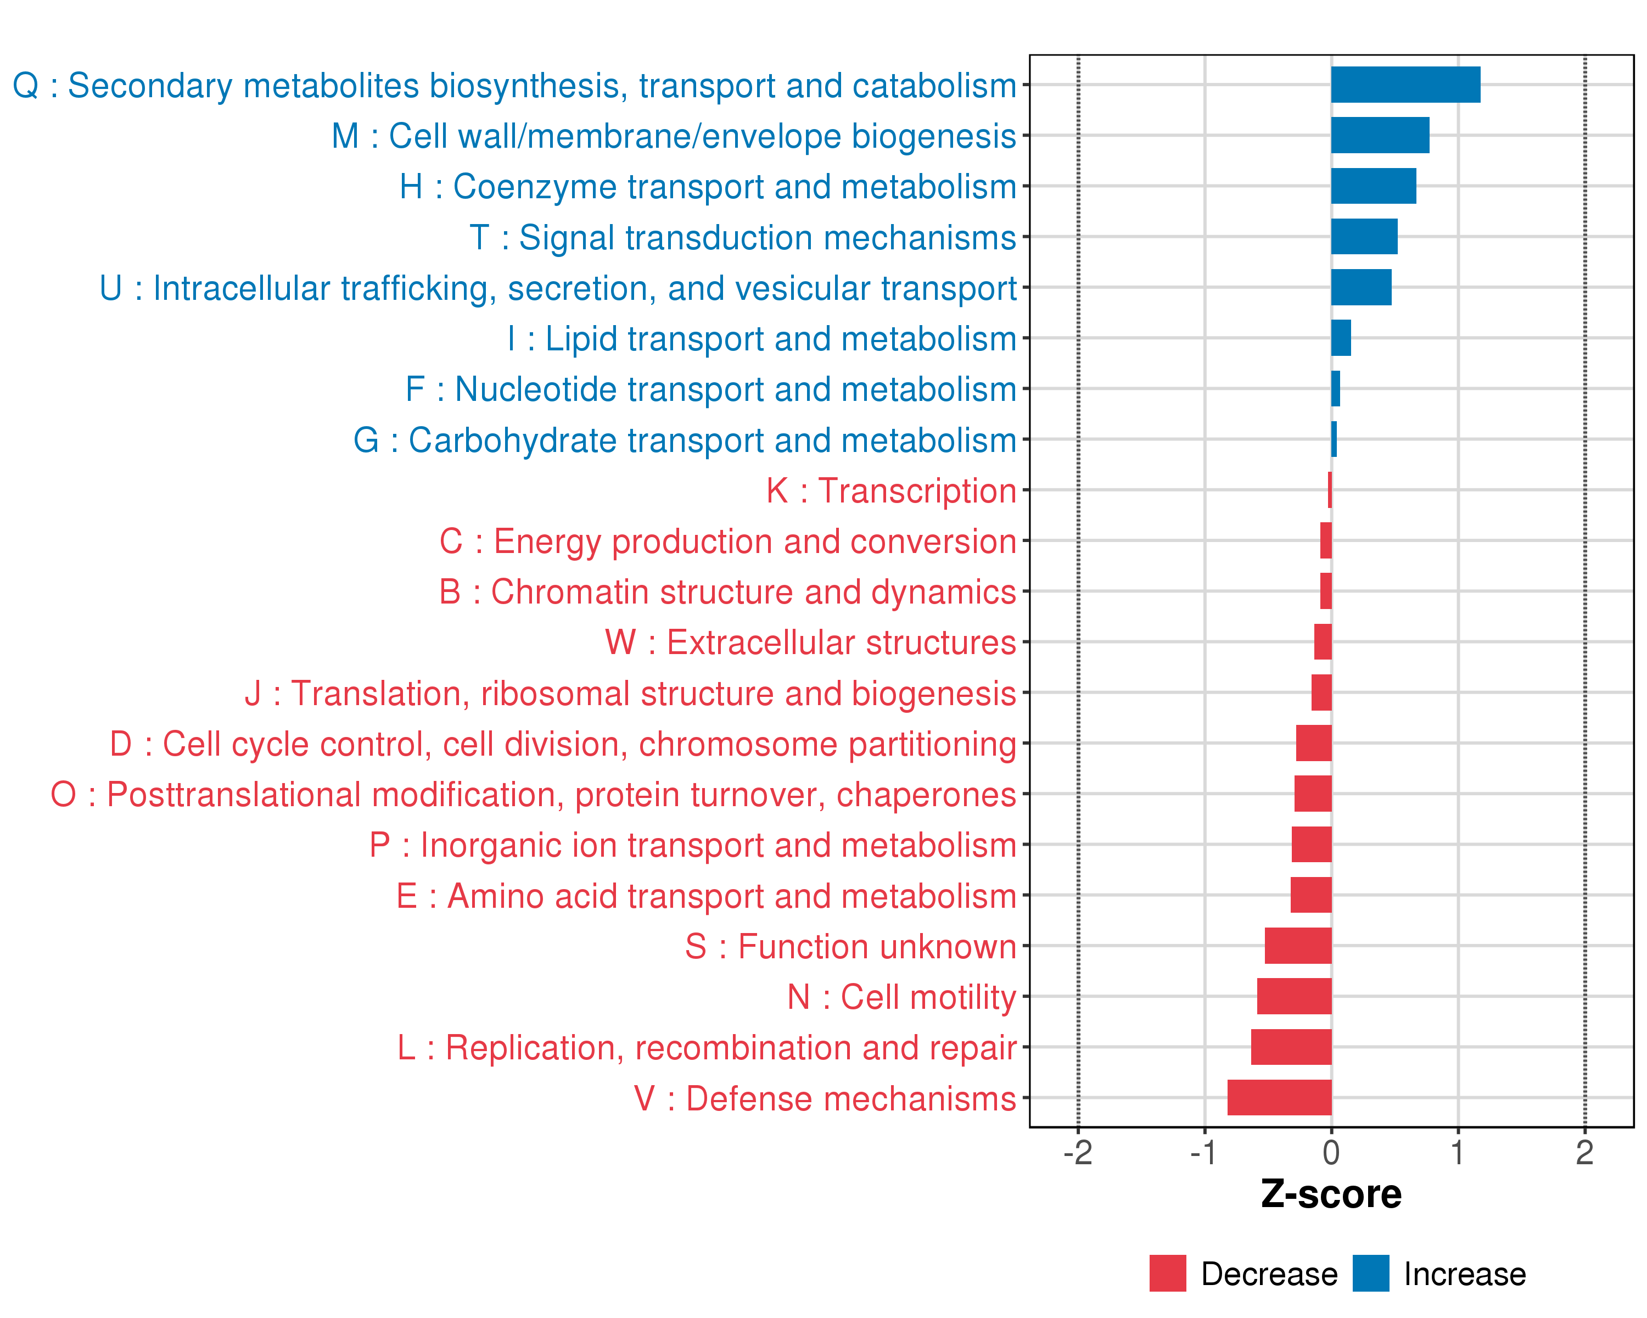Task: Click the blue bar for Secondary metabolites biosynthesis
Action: point(1405,85)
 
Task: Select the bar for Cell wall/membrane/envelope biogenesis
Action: point(1380,135)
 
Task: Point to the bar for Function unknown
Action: point(1298,945)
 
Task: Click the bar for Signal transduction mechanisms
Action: point(1364,237)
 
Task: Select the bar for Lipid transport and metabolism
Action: point(1341,338)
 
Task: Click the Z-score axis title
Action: point(1331,1194)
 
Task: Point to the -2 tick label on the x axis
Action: point(1077,1152)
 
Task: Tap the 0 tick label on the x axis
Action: point(1331,1152)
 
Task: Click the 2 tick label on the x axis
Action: point(1584,1152)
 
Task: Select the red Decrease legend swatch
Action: point(1167,1273)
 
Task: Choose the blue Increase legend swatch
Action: point(1370,1273)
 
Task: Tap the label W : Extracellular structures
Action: point(810,643)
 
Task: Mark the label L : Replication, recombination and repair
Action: point(707,1047)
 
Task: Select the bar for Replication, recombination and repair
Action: point(1291,1047)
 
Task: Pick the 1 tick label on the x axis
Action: point(1458,1152)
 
